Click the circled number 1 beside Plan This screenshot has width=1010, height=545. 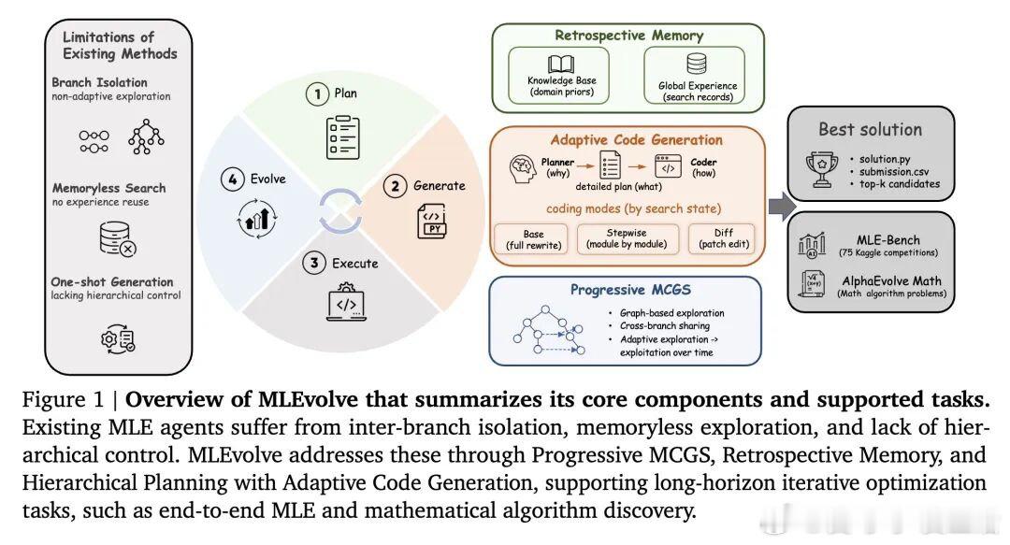(317, 94)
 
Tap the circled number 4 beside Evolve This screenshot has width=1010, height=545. (233, 179)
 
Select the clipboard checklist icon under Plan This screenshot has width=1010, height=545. (342, 137)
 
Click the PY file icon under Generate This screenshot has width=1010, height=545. (432, 221)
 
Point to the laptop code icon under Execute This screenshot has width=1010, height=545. (347, 302)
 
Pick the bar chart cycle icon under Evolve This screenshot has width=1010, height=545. (257, 219)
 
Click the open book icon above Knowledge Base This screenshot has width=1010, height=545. (561, 65)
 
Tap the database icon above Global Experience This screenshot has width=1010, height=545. (697, 64)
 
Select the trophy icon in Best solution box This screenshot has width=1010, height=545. (822, 169)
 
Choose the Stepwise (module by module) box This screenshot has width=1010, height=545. (628, 238)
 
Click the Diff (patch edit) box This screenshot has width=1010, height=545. (723, 238)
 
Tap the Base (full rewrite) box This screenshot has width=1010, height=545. (533, 239)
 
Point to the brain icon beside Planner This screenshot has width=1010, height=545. (523, 168)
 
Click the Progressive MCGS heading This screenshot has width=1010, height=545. (630, 290)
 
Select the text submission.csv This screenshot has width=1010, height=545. (894, 171)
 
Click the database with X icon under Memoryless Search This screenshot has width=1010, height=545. (118, 239)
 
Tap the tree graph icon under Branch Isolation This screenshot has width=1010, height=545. (146, 136)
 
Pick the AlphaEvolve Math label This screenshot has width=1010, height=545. (891, 280)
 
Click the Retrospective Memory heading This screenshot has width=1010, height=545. (628, 36)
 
